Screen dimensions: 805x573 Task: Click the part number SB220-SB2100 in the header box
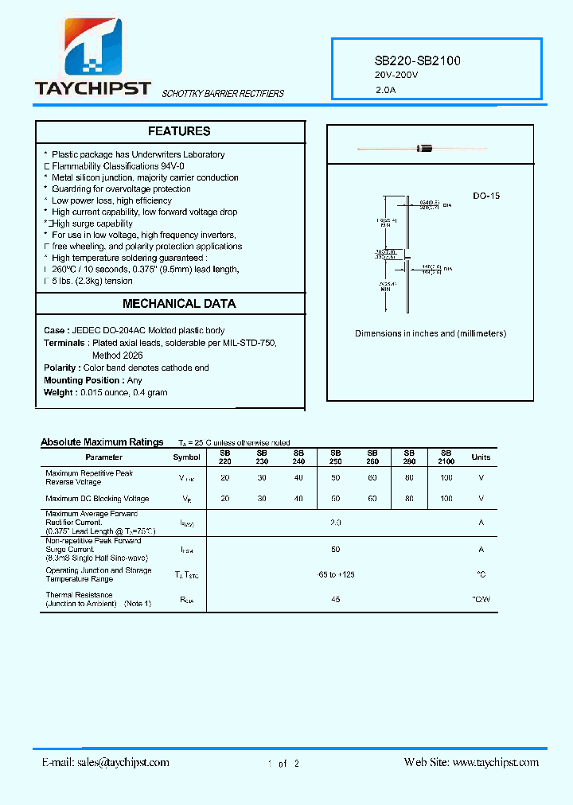coord(417,60)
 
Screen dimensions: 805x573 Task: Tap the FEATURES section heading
coord(179,131)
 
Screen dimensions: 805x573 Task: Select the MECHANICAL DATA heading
coord(179,303)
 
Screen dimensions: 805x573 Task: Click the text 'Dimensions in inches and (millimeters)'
coord(430,334)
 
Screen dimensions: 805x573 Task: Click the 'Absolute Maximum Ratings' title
coord(102,442)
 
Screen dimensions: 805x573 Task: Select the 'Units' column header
coord(481,457)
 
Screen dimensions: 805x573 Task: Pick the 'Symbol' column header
coord(187,457)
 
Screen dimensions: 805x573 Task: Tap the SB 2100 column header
coord(446,457)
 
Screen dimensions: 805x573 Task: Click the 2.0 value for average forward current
coord(336,523)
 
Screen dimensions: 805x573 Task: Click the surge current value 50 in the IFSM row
coord(336,550)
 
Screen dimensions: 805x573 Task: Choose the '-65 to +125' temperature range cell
coord(336,574)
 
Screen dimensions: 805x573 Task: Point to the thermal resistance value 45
coord(336,599)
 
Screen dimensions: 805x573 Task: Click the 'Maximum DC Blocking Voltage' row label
coord(97,499)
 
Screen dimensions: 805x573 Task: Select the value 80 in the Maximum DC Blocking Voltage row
coord(409,499)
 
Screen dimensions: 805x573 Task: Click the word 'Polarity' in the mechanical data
coord(61,368)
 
